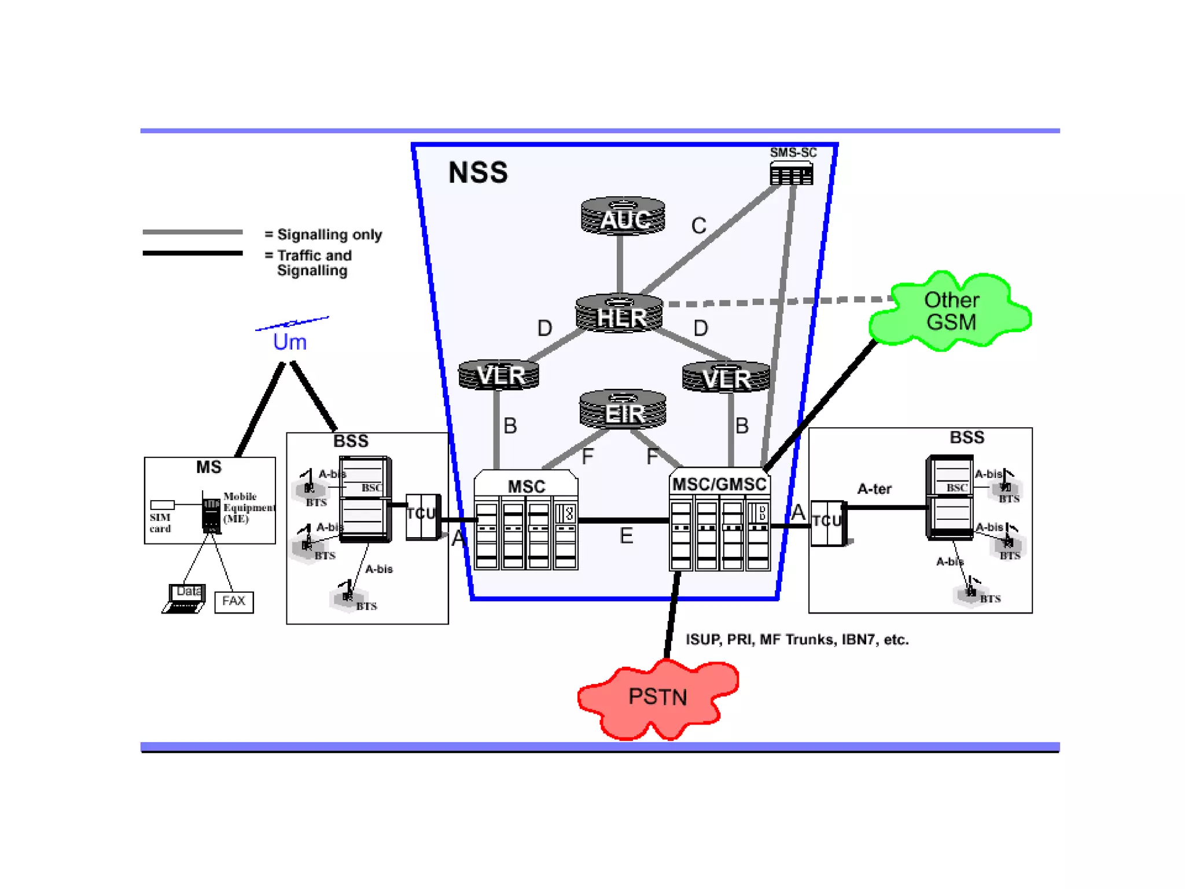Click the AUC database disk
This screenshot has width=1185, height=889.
click(x=623, y=216)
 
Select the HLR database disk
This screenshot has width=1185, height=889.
click(x=620, y=314)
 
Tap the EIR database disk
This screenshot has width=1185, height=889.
click(x=623, y=410)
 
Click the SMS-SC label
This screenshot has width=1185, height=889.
click(x=793, y=153)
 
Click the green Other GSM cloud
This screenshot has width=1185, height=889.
click(x=951, y=311)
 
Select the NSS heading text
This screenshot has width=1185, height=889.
click(x=478, y=173)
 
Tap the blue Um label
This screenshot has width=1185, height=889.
click(x=289, y=342)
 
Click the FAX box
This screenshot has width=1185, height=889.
click(x=234, y=601)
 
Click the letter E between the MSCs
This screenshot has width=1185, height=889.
click(x=626, y=536)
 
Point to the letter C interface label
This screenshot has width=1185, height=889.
click(x=698, y=226)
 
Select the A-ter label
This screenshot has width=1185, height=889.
click(x=874, y=489)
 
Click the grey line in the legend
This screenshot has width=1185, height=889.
click(x=193, y=232)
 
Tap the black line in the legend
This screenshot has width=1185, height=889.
click(x=193, y=253)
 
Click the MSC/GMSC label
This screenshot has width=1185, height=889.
click(x=719, y=484)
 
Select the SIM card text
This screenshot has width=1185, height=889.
click(x=160, y=523)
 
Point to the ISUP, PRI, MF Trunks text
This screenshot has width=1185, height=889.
click(x=797, y=640)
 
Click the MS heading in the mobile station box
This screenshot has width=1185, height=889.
click(x=209, y=467)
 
